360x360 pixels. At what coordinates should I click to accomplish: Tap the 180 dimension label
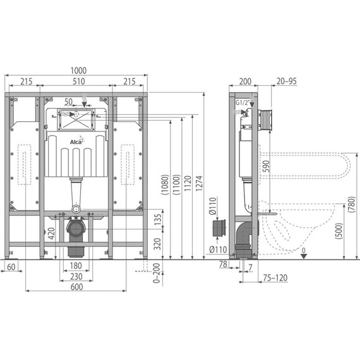point(76,266)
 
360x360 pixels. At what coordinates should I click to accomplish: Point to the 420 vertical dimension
point(51,234)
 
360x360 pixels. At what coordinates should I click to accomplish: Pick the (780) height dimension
point(351,203)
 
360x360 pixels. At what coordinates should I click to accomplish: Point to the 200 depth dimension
point(243,83)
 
